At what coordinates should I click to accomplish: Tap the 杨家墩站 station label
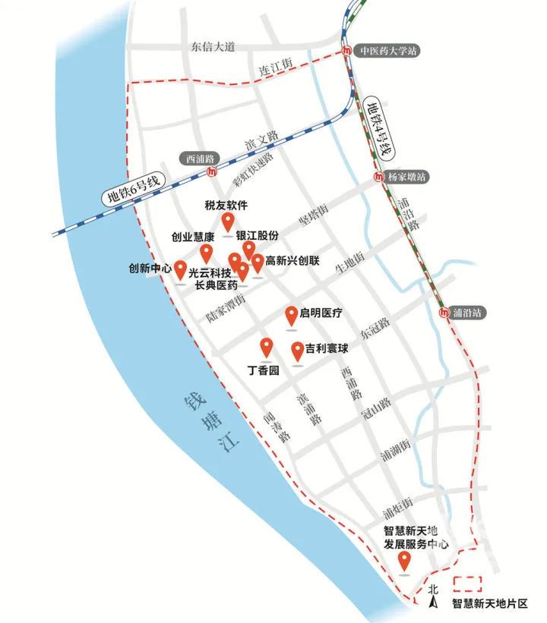point(406,177)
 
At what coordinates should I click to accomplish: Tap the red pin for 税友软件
point(227,222)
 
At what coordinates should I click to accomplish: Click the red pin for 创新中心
point(180,269)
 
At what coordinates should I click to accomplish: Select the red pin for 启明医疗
point(292,315)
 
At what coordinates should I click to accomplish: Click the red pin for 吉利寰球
point(298,351)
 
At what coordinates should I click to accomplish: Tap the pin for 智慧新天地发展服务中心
point(405,562)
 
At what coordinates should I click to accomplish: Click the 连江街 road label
point(277,69)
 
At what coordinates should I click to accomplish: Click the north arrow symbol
point(434,603)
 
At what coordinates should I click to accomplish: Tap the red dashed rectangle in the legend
point(468,584)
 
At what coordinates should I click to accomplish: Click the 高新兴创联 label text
point(292,261)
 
